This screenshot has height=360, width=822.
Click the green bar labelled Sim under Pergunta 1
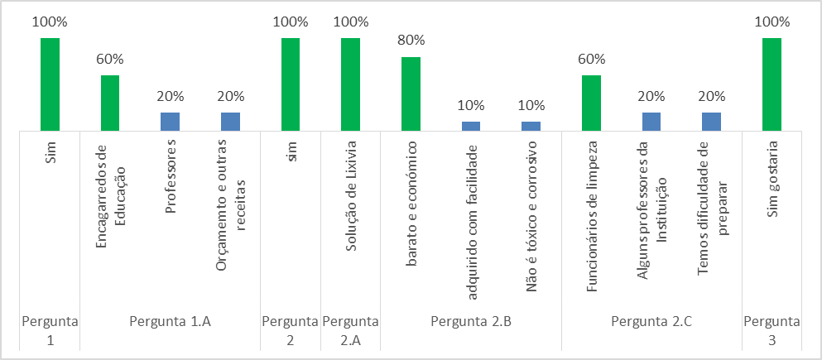(x=50, y=84)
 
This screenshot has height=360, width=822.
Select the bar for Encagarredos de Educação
(x=110, y=103)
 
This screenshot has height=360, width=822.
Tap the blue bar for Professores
(x=171, y=122)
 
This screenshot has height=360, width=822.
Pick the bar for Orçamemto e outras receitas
(x=230, y=122)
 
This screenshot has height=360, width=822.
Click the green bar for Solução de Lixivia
(x=350, y=84)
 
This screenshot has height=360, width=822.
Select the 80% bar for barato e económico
(x=411, y=94)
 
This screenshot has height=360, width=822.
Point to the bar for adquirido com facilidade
(x=471, y=126)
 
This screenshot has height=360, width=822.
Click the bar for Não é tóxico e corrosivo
(x=531, y=126)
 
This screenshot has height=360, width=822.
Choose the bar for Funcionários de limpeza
(x=591, y=103)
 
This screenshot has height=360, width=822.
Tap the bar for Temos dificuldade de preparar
(x=711, y=122)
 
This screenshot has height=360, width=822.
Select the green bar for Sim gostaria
(x=772, y=84)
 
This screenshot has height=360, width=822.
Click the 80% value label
(x=411, y=40)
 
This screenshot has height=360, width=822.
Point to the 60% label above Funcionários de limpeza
(x=591, y=59)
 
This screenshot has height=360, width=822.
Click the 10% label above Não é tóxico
(x=531, y=105)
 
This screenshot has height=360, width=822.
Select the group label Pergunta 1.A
(x=171, y=321)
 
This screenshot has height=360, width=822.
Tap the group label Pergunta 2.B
(x=471, y=321)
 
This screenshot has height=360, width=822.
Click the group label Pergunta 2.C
(x=651, y=321)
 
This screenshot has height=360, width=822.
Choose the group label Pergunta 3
(x=772, y=329)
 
